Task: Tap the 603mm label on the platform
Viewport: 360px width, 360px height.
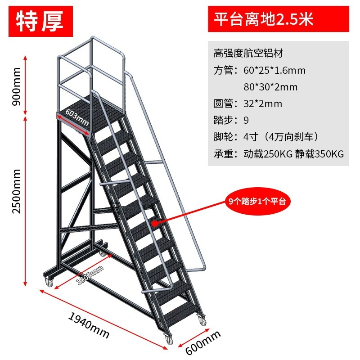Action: point(77,117)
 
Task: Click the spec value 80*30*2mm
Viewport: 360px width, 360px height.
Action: point(270,87)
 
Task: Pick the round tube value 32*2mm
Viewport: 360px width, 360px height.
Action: point(262,104)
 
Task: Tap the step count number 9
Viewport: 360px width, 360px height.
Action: point(245,121)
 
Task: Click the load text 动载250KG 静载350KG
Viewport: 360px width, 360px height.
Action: point(293,154)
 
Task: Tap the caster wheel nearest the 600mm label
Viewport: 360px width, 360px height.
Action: point(169,340)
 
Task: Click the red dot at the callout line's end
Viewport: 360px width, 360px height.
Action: point(154,221)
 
